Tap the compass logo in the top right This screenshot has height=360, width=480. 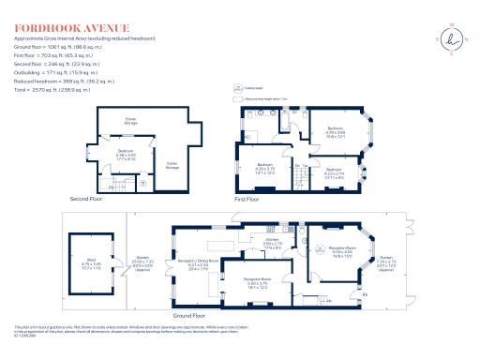pyautogui.click(x=453, y=37)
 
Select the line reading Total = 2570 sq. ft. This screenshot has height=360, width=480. pyautogui.click(x=52, y=89)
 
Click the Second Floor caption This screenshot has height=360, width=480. pyautogui.click(x=87, y=200)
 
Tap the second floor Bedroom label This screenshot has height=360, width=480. pyautogui.click(x=126, y=154)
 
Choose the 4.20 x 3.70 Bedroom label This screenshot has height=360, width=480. pyautogui.click(x=265, y=169)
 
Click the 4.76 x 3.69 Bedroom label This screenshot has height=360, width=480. pyautogui.click(x=336, y=131)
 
